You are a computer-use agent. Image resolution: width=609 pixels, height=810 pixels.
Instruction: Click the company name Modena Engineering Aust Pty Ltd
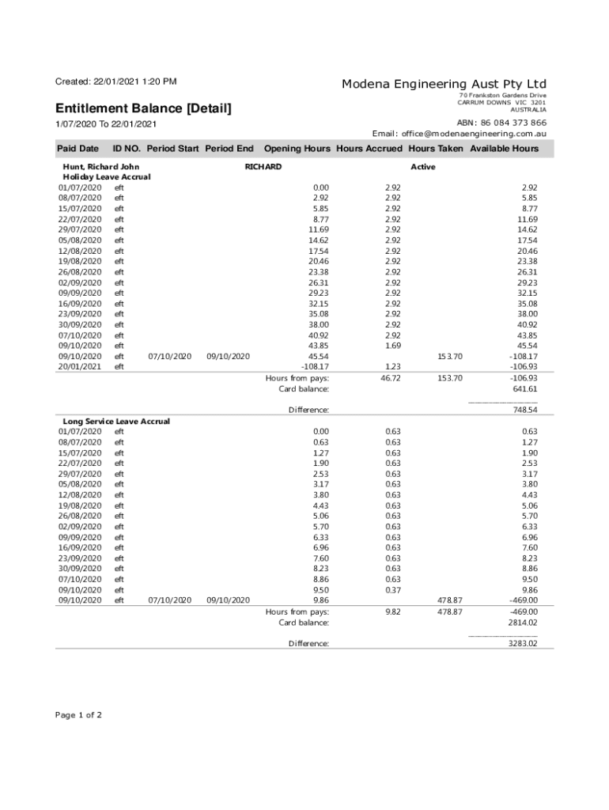(444, 84)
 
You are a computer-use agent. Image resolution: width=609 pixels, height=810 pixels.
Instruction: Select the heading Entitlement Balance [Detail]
(143, 108)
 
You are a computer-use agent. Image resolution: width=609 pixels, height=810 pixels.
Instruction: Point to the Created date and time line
(115, 81)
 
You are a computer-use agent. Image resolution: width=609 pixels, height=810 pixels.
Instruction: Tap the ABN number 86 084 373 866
(501, 123)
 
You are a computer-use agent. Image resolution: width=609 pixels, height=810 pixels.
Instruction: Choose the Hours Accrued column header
(369, 149)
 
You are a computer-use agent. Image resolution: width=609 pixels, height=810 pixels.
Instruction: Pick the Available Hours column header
(504, 149)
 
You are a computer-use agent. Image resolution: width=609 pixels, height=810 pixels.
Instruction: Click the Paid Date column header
(78, 149)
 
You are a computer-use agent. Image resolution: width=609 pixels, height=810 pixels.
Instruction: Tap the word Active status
(423, 167)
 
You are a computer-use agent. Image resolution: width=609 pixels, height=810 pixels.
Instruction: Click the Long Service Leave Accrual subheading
(116, 422)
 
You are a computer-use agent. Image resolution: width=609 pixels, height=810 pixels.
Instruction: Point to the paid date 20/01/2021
(80, 366)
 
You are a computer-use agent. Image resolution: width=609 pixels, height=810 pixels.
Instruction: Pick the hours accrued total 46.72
(391, 378)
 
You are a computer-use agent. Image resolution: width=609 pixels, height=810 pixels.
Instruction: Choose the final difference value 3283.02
(522, 643)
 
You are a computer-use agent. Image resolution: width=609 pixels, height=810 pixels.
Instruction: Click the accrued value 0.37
(393, 589)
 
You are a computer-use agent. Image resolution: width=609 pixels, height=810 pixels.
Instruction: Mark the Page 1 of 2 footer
(78, 715)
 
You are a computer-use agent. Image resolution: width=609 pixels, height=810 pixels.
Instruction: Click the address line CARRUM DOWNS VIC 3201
(502, 103)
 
